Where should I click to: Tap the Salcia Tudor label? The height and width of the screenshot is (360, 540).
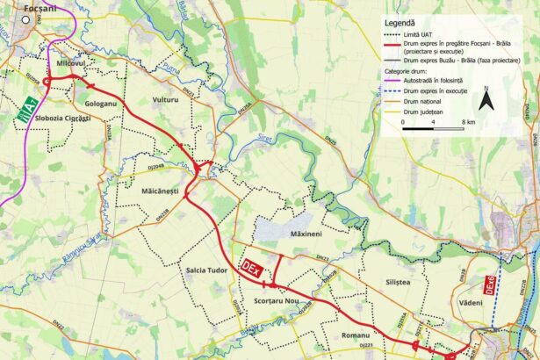click(207, 270)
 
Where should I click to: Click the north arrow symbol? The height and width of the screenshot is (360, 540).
click(487, 98)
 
